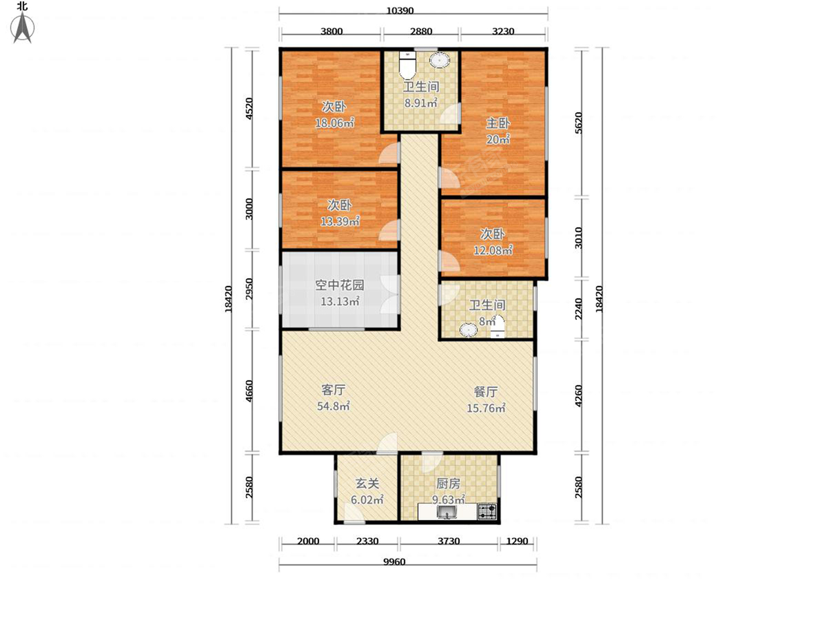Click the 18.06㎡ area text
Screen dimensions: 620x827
334,123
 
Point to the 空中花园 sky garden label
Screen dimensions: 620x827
339,285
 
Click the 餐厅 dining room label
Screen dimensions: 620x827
486,391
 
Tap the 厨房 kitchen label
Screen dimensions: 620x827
449,484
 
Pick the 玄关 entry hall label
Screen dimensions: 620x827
367,484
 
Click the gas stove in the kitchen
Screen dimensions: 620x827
488,512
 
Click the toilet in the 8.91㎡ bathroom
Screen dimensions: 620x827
408,65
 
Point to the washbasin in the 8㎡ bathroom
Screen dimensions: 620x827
469,329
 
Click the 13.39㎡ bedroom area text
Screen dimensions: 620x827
339,221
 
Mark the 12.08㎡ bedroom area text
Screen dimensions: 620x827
492,250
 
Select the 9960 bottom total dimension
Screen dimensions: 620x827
394,561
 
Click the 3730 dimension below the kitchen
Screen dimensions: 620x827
449,541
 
